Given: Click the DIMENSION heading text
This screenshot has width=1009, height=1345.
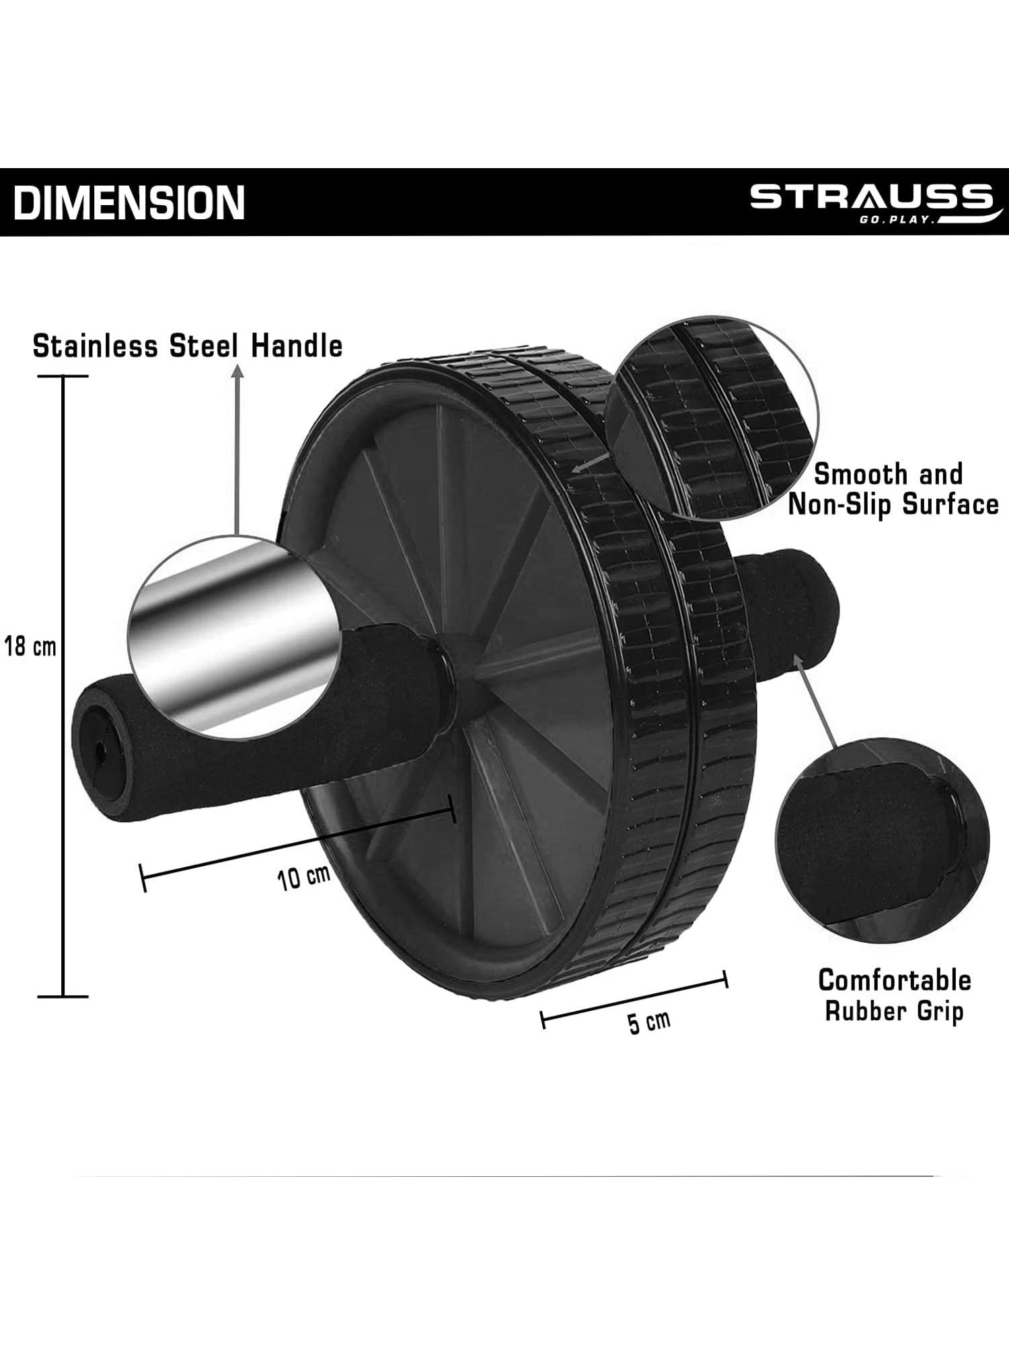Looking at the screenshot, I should click(x=129, y=202).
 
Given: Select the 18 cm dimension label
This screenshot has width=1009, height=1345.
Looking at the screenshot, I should click(x=30, y=647).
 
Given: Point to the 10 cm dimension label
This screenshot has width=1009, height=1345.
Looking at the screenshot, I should click(x=304, y=876).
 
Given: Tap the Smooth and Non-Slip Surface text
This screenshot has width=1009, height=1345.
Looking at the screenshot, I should click(x=893, y=489).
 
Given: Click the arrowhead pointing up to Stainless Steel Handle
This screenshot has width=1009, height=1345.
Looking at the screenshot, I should click(x=236, y=372).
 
